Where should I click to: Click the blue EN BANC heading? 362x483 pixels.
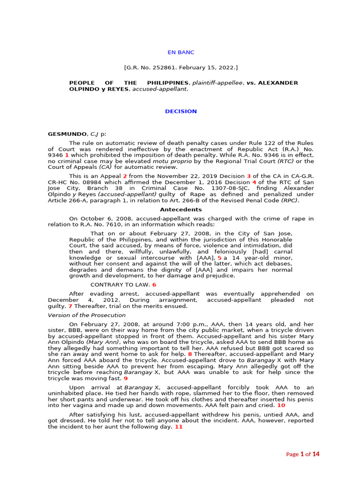(x=181, y=52)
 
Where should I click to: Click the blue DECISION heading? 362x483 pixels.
(x=181, y=111)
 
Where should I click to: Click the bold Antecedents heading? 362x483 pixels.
(x=181, y=209)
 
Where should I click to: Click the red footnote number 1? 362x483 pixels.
(x=67, y=155)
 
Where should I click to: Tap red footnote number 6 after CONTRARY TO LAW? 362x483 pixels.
(x=154, y=285)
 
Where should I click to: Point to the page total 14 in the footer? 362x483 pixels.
(x=316, y=454)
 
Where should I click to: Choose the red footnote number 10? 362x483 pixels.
(x=281, y=405)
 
